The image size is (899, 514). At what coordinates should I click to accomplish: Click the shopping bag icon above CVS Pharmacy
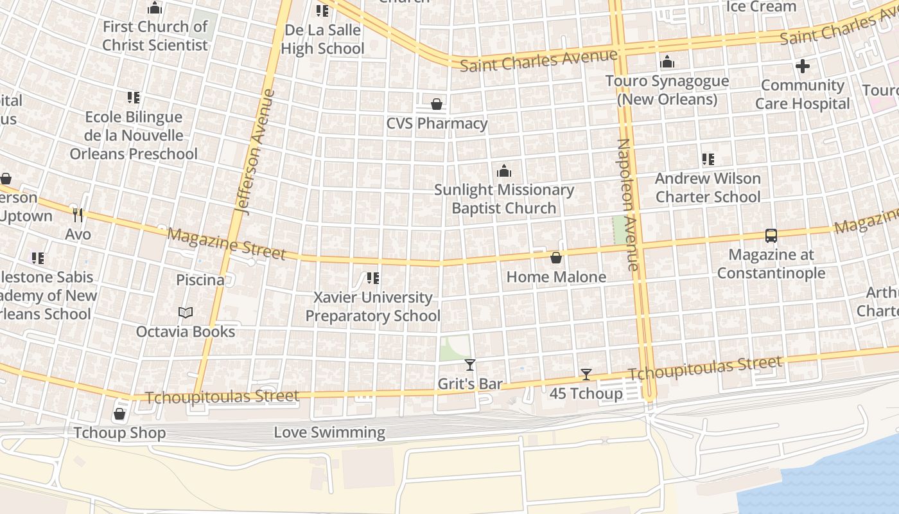pos(437,104)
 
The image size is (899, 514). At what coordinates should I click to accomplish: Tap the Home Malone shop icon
pos(556,258)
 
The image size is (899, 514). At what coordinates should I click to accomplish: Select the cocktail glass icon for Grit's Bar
pos(470,365)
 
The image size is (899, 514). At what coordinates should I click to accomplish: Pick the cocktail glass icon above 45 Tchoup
pos(586,375)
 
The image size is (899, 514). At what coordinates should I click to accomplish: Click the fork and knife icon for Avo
pos(78,215)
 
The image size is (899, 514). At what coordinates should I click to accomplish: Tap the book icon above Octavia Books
pos(186,313)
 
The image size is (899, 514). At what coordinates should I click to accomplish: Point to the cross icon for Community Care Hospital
pos(803,66)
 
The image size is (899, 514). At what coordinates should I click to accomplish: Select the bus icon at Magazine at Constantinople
pos(771,236)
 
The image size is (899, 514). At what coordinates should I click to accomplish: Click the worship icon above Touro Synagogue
pos(668,62)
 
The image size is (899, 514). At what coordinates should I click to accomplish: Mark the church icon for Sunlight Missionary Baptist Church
pos(504,171)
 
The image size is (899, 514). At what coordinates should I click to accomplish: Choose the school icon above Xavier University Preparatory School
pos(372,278)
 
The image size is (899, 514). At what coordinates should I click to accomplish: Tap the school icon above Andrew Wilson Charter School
pos(708,159)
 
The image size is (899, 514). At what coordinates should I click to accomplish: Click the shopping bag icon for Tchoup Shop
pos(119,414)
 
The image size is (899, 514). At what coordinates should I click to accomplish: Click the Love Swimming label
pos(329,432)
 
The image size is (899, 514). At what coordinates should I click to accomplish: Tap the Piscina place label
pos(200,280)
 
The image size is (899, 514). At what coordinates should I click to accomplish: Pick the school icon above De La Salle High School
pos(322,11)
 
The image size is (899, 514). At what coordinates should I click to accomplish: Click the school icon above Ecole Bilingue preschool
pos(134,98)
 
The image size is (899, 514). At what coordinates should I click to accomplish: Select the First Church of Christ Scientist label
pos(155,36)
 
